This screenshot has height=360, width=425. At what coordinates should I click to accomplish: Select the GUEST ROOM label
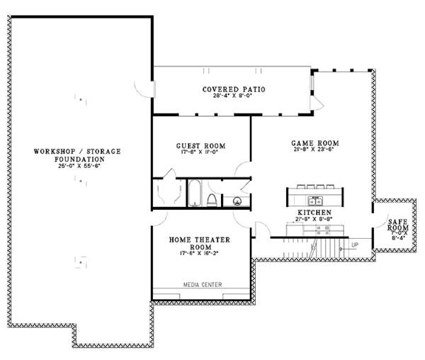pyautogui.click(x=200, y=145)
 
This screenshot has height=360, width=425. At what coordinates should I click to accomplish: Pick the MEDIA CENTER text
pyautogui.click(x=203, y=285)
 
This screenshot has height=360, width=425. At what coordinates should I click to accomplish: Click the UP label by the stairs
pyautogui.click(x=354, y=245)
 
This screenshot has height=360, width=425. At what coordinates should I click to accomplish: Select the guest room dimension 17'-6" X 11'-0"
pyautogui.click(x=200, y=152)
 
